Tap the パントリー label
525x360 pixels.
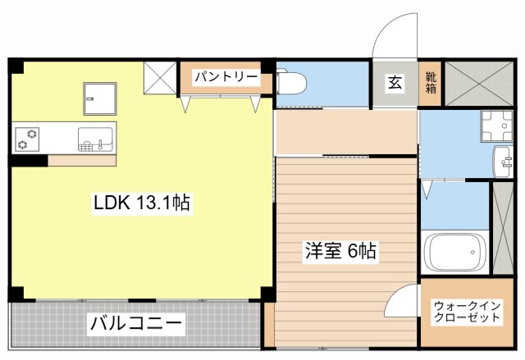[x=226, y=78]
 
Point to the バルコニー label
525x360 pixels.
[x=135, y=322]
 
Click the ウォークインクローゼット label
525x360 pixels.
[x=467, y=312]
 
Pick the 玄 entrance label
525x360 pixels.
[x=395, y=83]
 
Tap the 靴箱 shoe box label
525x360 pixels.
[x=431, y=83]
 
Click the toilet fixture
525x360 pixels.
[x=291, y=82]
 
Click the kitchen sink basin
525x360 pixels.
[x=97, y=139]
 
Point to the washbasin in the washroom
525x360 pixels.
[x=503, y=159]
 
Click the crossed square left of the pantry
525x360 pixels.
[x=160, y=79]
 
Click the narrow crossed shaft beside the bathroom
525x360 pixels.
[x=502, y=229]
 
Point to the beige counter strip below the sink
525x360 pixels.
[x=81, y=160]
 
